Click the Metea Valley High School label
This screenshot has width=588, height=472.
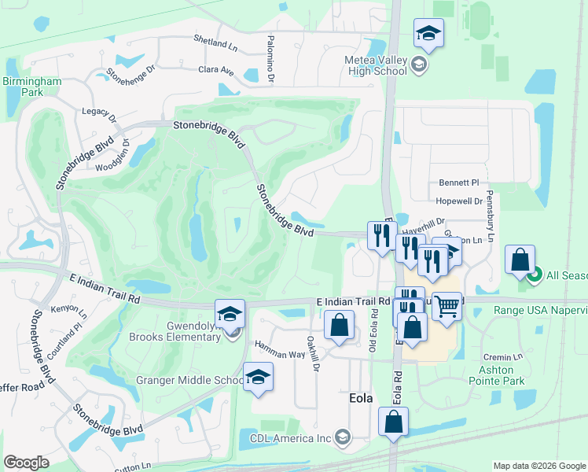pos(376,65)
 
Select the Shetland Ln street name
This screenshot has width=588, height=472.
pos(215,44)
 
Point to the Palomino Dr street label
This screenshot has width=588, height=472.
pos(270,60)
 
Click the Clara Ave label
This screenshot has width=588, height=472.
pos(216,71)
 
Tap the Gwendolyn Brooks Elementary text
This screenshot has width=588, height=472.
pos(175,331)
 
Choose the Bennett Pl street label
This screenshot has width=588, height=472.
pos(458,183)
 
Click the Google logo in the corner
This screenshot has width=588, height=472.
pos(26,463)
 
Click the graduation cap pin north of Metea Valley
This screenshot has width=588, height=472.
pos(428,33)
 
